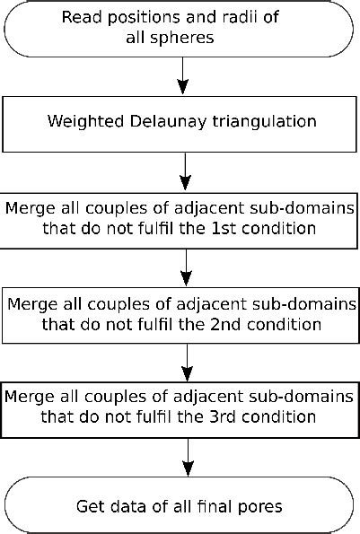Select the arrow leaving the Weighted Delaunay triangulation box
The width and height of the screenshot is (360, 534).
184,170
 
